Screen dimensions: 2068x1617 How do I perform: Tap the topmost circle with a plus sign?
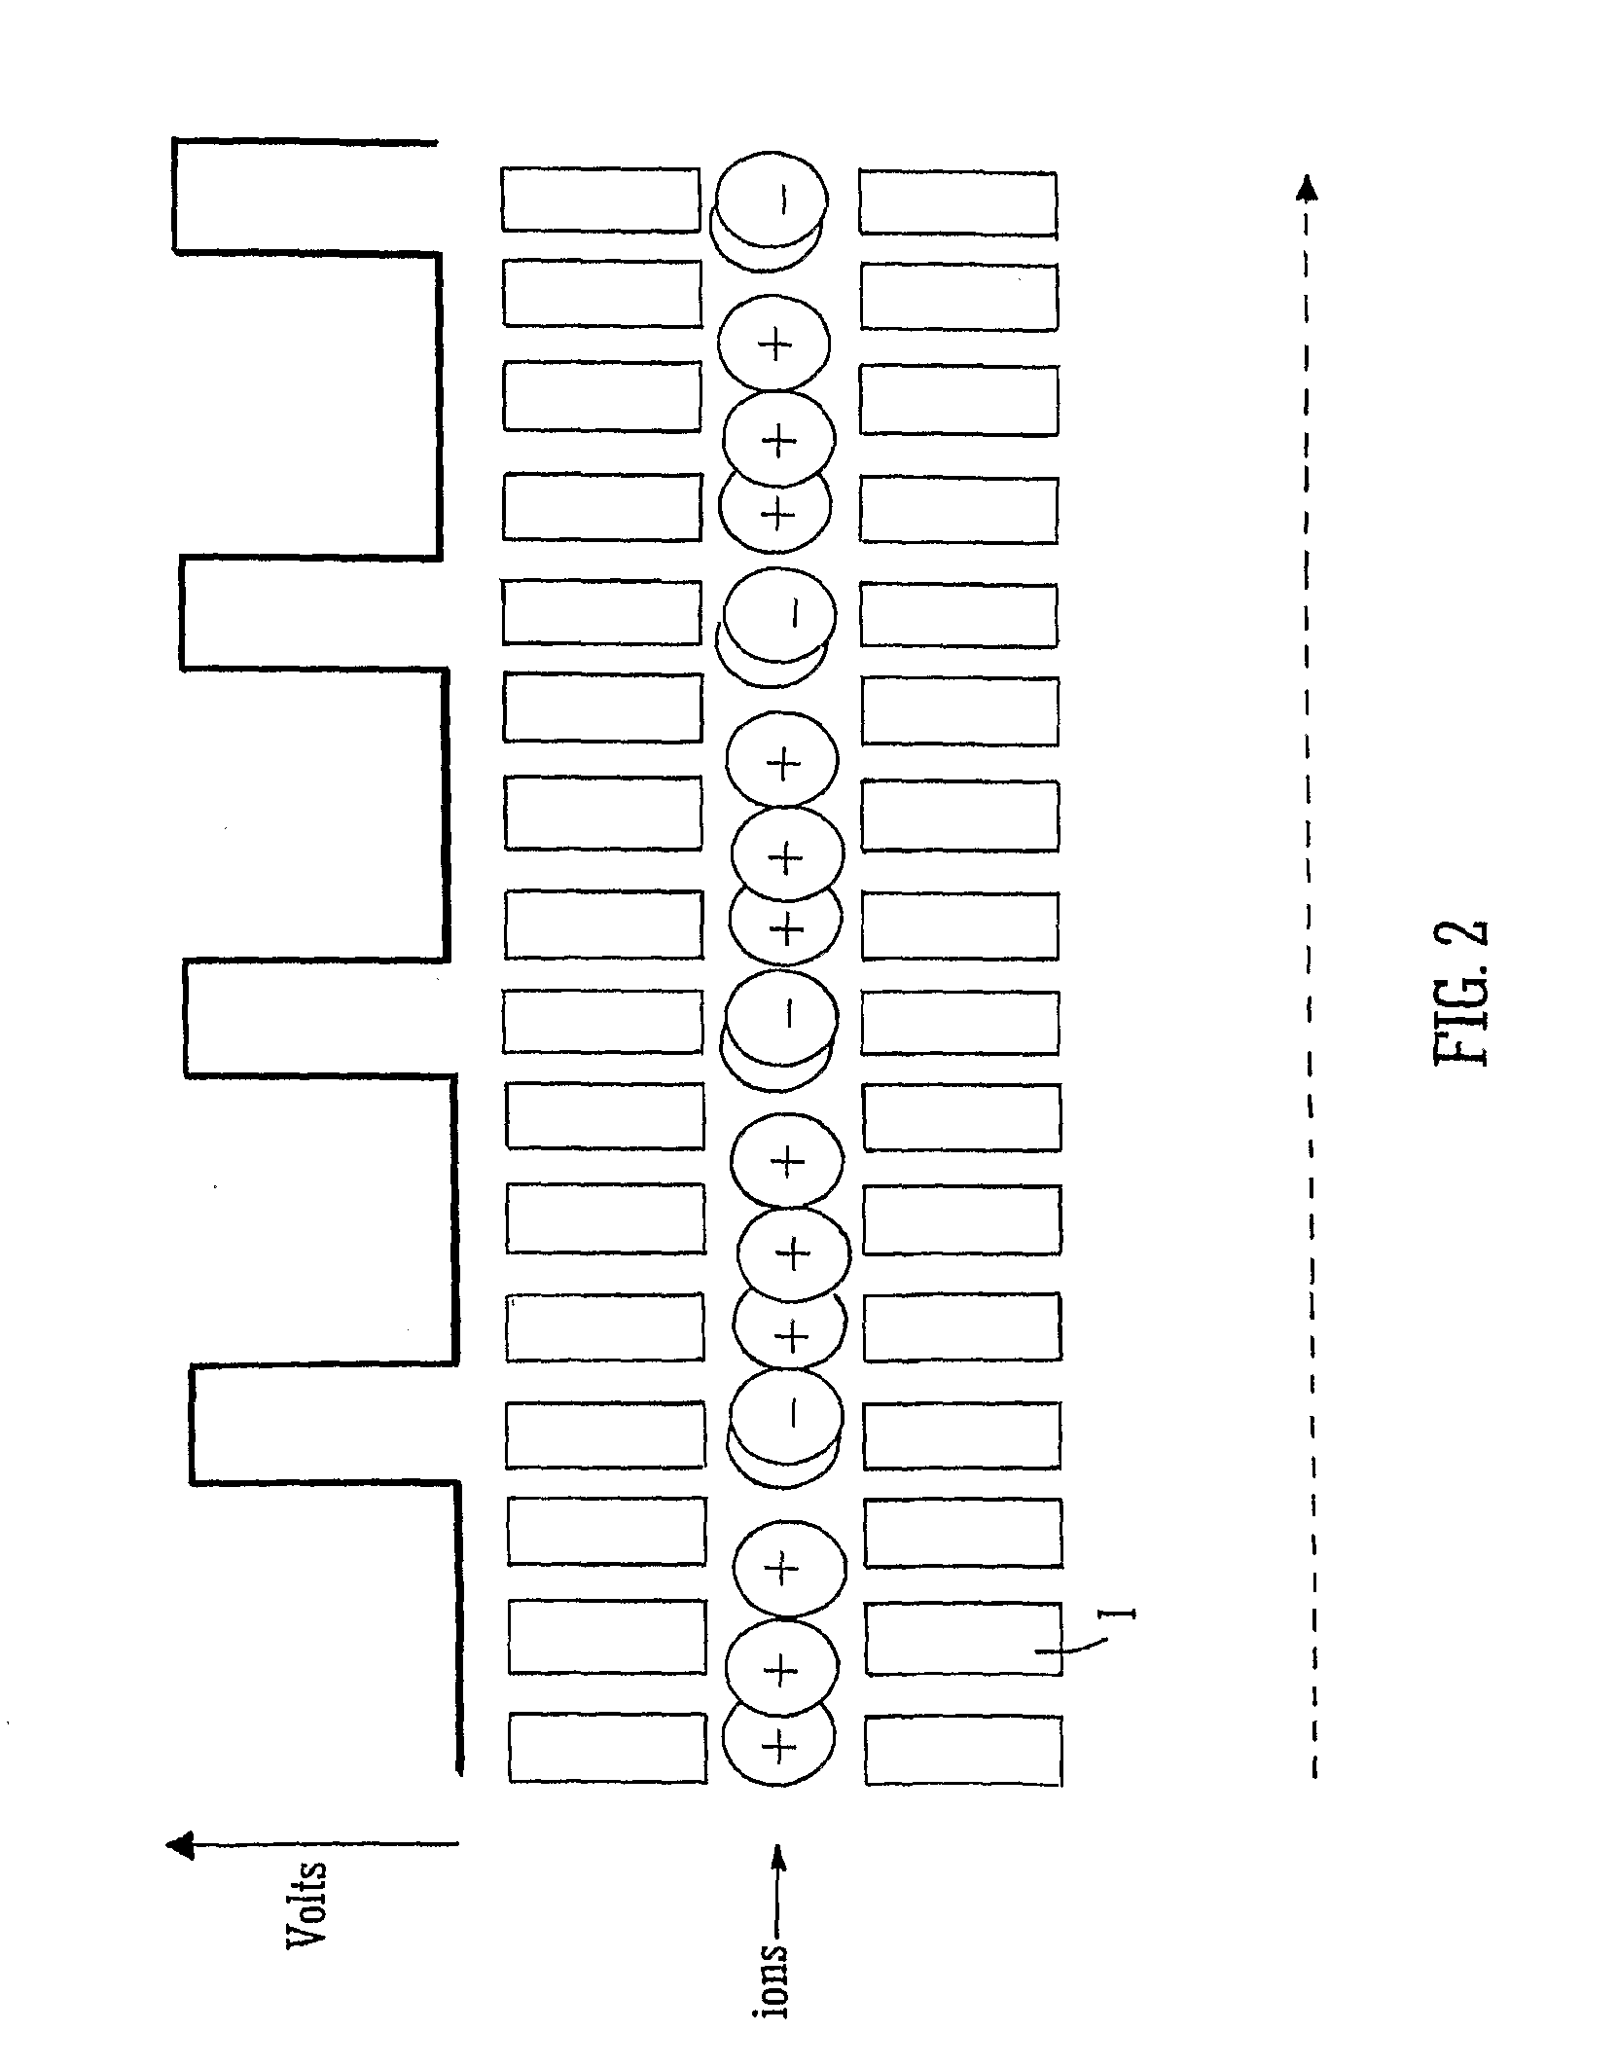tap(774, 343)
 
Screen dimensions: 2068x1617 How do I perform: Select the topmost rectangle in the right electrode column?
tap(957, 202)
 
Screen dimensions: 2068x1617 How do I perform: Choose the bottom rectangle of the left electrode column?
tap(606, 1748)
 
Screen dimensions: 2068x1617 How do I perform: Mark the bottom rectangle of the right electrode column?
tap(962, 1750)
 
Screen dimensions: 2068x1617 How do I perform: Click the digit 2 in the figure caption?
tap(1461, 942)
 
